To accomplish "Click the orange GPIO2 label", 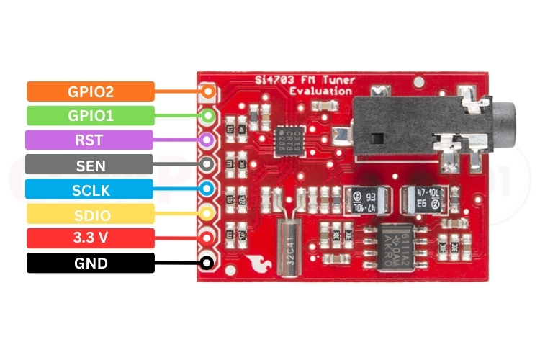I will point(91,91).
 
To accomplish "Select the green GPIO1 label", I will point(91,115).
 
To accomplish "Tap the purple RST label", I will point(89,140).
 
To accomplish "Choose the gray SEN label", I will point(91,166).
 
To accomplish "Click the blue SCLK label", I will point(91,189).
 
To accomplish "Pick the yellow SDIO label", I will point(91,214).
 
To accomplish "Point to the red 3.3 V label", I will point(91,238).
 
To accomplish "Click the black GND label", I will point(91,263).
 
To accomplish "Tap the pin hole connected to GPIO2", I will point(208,91).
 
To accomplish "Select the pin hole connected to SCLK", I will point(208,189).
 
